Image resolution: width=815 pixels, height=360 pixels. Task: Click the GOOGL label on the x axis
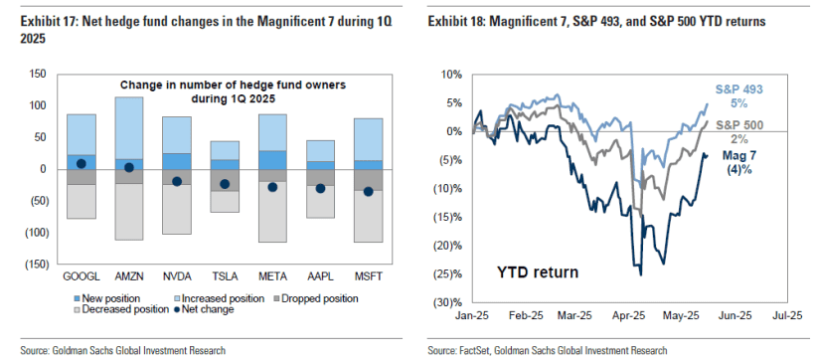tap(81, 273)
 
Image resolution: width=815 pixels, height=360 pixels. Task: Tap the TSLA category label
tap(224, 273)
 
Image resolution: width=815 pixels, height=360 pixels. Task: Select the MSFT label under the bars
tap(368, 273)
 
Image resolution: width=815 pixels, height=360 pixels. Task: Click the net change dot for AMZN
tap(129, 167)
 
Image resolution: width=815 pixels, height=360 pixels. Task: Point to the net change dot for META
tap(272, 187)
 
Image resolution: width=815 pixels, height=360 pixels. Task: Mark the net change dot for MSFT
tap(368, 192)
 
